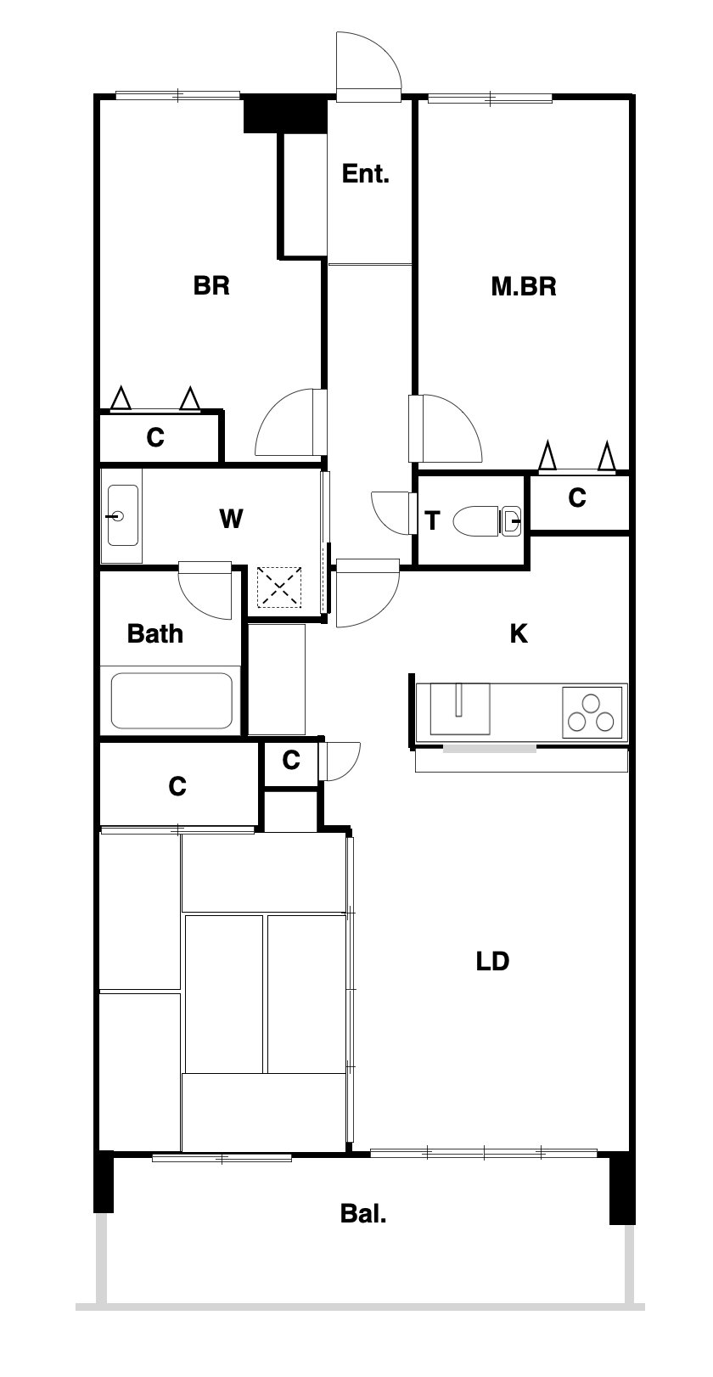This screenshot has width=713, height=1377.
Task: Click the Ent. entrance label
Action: coord(365,174)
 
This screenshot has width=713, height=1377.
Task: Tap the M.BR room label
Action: coord(524,286)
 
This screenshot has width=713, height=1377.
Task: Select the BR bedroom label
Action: coord(211,286)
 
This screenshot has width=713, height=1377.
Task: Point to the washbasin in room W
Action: coord(122,515)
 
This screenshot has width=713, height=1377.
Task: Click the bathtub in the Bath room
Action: coord(171,700)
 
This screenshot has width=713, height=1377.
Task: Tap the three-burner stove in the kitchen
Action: coord(592,712)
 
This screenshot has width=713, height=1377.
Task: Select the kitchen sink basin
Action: coord(460,709)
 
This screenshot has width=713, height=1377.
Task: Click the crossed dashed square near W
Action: coord(279,587)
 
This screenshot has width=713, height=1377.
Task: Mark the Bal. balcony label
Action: coord(363,1214)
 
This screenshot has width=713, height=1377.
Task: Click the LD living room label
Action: coord(492,962)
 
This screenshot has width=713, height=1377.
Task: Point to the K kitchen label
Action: coord(519,633)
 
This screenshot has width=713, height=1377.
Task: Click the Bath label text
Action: coord(154,634)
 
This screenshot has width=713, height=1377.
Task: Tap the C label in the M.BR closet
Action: coord(576,498)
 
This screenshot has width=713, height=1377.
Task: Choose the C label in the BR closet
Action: coord(155,438)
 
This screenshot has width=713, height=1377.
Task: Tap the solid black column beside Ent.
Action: coord(285,114)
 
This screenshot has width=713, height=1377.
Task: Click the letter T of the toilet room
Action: coord(432,520)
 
